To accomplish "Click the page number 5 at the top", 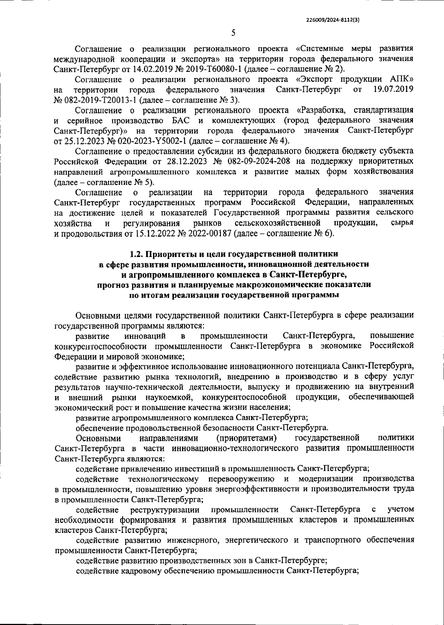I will coord(233,33).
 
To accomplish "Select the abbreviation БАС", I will coord(181,121).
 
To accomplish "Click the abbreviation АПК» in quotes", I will coord(401,79).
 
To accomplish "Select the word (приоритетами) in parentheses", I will coord(247,438).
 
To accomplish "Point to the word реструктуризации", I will coord(165,510).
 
